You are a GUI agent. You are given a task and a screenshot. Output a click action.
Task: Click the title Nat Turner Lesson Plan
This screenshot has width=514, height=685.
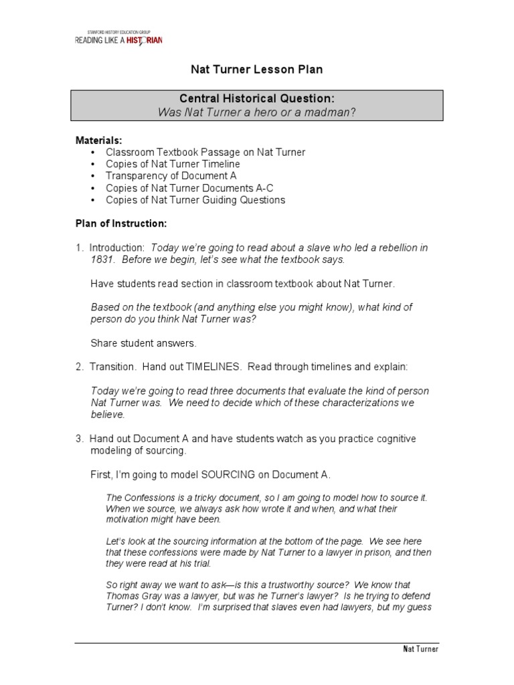point(258,70)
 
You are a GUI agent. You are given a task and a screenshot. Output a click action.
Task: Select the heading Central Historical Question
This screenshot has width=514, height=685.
point(257,99)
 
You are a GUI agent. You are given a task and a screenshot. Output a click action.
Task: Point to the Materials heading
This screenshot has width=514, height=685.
point(98,140)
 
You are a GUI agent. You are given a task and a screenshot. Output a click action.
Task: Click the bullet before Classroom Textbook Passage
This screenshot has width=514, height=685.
point(92,153)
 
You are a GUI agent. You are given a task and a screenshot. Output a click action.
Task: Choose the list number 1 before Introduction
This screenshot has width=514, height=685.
point(78,248)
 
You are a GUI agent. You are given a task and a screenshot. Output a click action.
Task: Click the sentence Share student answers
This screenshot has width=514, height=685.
point(144,343)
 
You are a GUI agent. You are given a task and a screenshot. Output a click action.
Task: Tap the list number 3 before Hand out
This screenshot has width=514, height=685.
point(78,439)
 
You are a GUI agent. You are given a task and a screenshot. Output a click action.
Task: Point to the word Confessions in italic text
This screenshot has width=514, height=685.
point(148,498)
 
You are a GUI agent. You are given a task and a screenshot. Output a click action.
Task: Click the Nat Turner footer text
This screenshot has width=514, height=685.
point(420,650)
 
